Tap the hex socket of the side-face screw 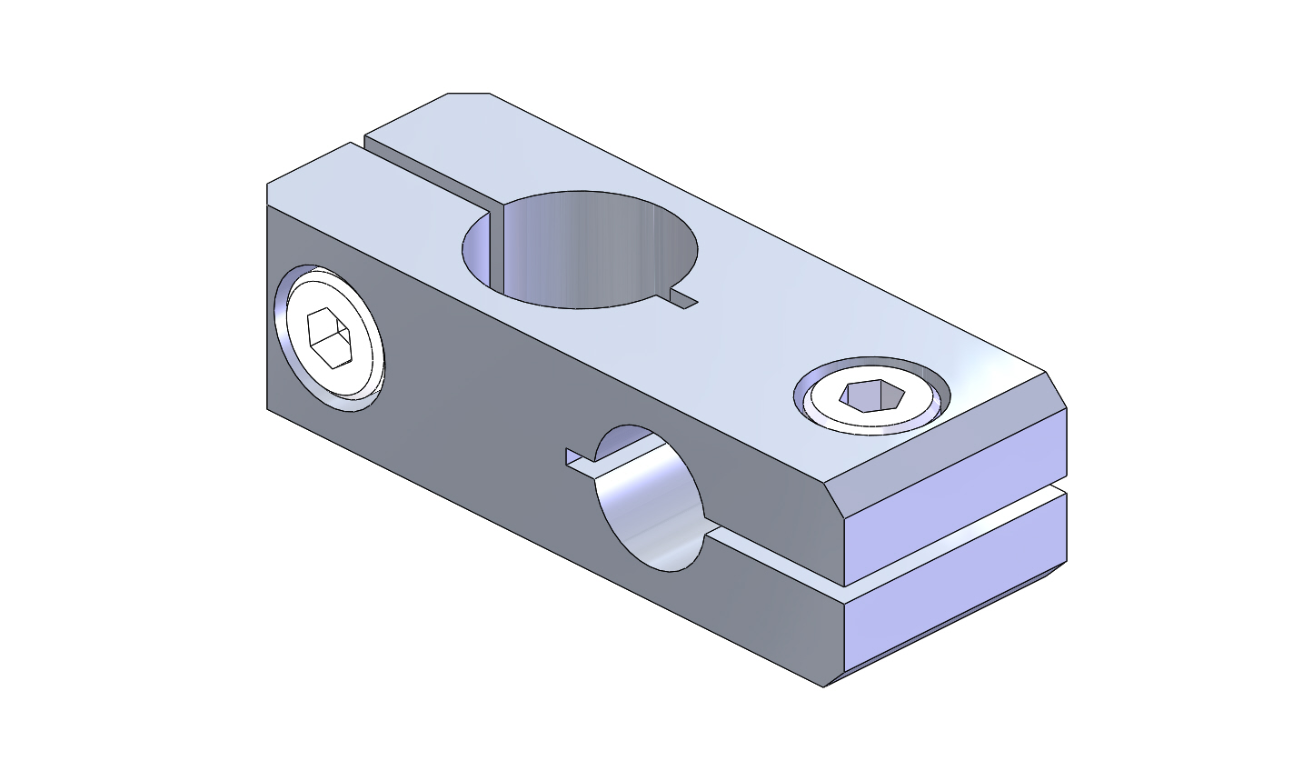click(x=331, y=337)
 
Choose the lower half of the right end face click(x=954, y=600)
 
